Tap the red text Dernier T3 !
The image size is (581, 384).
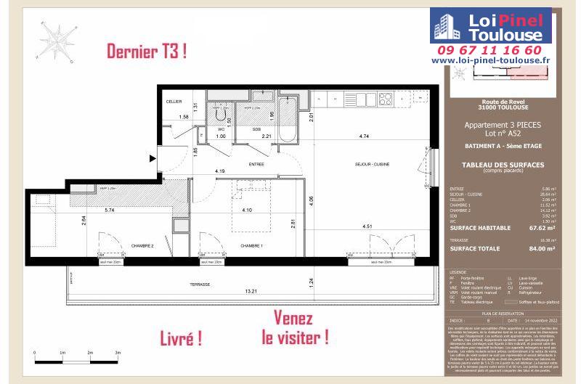146,52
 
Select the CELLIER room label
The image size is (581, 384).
174,102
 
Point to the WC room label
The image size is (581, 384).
222,129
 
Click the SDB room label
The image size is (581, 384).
256,129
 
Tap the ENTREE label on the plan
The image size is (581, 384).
256,165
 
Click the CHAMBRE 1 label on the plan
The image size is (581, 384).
251,245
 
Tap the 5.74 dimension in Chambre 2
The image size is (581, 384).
110,211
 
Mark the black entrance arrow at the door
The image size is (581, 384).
152,157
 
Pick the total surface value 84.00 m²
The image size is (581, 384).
540,248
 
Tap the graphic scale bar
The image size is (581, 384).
76,358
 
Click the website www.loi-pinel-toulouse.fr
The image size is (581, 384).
501,62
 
